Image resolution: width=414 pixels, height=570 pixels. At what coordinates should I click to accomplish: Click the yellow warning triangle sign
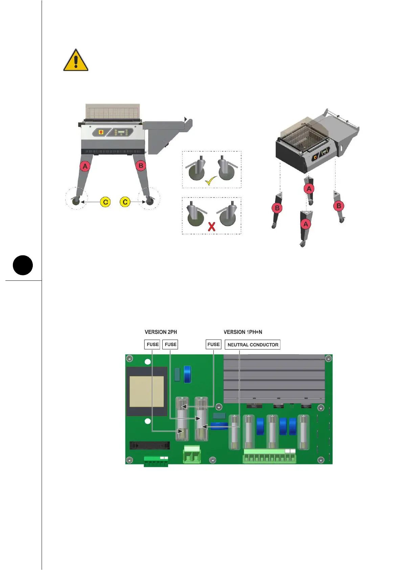[x=76, y=61]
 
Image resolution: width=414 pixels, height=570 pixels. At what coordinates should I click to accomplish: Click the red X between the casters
[x=212, y=226]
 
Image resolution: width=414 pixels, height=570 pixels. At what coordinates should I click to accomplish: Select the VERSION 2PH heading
[x=161, y=332]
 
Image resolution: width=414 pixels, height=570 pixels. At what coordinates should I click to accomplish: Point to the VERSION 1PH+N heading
[x=243, y=332]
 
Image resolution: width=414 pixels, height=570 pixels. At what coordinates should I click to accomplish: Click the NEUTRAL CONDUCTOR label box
[x=253, y=345]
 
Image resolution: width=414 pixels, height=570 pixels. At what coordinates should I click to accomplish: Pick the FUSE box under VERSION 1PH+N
[x=213, y=344]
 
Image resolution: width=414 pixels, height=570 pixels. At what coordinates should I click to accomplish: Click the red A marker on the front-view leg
[x=85, y=166]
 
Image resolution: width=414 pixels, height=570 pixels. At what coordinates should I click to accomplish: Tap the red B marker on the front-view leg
[x=141, y=166]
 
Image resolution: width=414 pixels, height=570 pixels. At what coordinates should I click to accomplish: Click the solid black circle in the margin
[x=23, y=265]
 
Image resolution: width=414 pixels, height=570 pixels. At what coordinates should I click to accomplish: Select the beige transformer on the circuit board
[x=147, y=391]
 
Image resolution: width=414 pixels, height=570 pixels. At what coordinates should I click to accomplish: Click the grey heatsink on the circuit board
[x=274, y=379]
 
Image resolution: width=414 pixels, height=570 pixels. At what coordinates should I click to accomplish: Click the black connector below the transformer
[x=149, y=445]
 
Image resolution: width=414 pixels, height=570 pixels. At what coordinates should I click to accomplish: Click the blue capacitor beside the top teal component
[x=187, y=374]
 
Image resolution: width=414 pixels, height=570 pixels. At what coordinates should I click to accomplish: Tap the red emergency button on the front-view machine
[x=101, y=132]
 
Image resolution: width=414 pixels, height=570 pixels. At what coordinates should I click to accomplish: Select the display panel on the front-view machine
[x=121, y=132]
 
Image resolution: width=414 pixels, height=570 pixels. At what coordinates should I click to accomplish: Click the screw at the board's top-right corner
[x=328, y=359]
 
